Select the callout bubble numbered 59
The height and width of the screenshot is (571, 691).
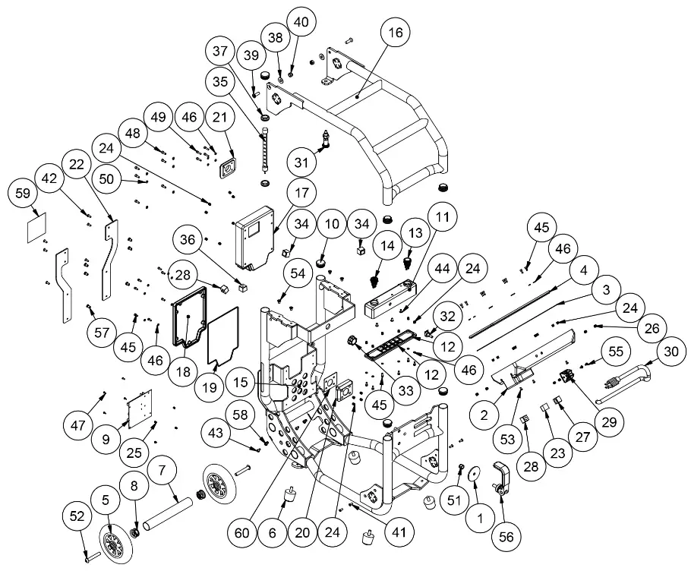23,194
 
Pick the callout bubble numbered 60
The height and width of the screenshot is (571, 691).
242,533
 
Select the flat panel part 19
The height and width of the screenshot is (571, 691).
222,335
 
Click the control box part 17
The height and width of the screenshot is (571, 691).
254,234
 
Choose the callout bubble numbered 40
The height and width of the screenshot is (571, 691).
301,23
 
